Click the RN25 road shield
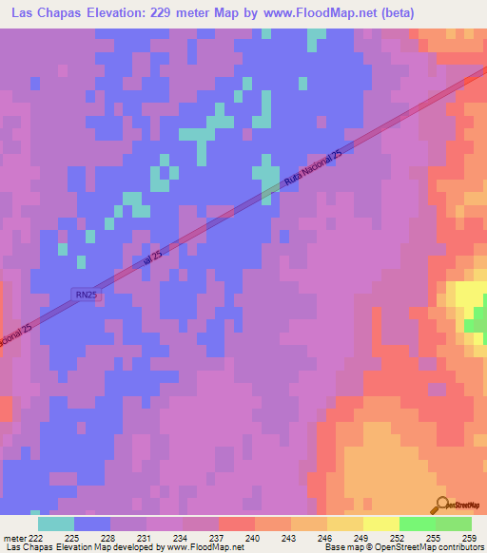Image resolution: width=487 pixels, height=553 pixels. click(85, 295)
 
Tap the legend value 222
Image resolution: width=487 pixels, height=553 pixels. click(35, 538)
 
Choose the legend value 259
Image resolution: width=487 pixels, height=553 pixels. click(468, 538)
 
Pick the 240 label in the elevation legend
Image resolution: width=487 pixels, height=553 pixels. click(252, 538)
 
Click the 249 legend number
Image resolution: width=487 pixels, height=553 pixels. click(360, 538)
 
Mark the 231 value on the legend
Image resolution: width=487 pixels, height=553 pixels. click(144, 538)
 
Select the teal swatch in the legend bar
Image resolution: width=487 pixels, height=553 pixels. click(56, 524)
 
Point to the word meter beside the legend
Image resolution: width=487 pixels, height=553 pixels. click(12, 538)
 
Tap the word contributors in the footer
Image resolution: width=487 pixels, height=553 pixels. click(460, 548)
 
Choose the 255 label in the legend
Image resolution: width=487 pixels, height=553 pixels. click(433, 538)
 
